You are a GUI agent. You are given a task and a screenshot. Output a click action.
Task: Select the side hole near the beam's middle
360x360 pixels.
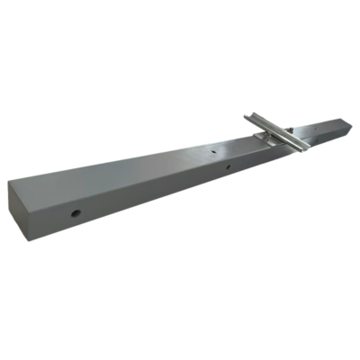coord(229,167)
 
